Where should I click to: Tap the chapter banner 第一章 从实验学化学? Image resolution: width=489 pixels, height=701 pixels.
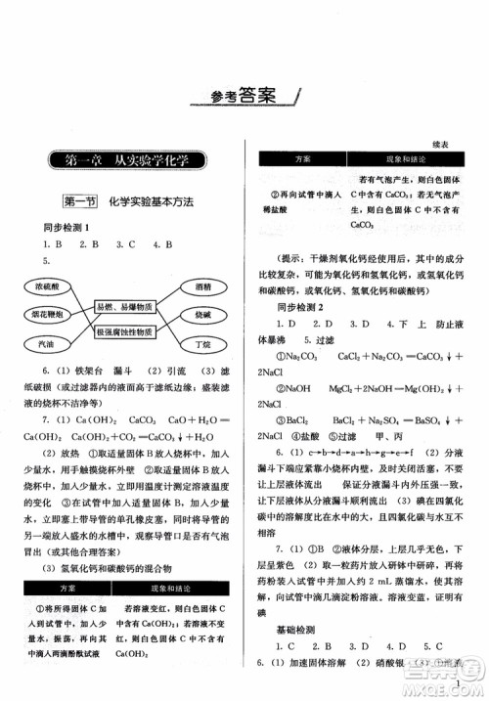125,159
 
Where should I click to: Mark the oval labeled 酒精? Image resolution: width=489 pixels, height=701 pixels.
203,288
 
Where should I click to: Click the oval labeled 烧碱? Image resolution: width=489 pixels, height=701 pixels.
203,317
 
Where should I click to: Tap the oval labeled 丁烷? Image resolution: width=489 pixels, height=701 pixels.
203,345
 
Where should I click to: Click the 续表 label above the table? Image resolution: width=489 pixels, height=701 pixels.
446,143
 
